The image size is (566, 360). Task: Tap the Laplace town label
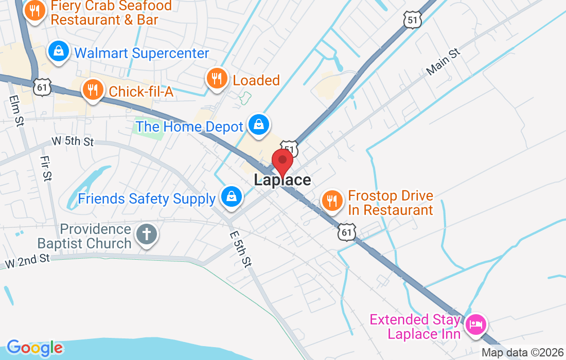point(282,180)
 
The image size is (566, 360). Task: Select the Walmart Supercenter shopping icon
point(59,51)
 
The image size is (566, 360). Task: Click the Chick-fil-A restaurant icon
point(93,90)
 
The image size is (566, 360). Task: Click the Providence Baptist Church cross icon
point(146,235)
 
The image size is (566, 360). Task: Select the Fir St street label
point(46,169)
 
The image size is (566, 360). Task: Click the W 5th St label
point(73,141)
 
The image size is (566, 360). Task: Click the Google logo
point(35,348)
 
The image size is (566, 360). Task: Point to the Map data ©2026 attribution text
point(522,353)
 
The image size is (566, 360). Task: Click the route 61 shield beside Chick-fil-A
point(41,87)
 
